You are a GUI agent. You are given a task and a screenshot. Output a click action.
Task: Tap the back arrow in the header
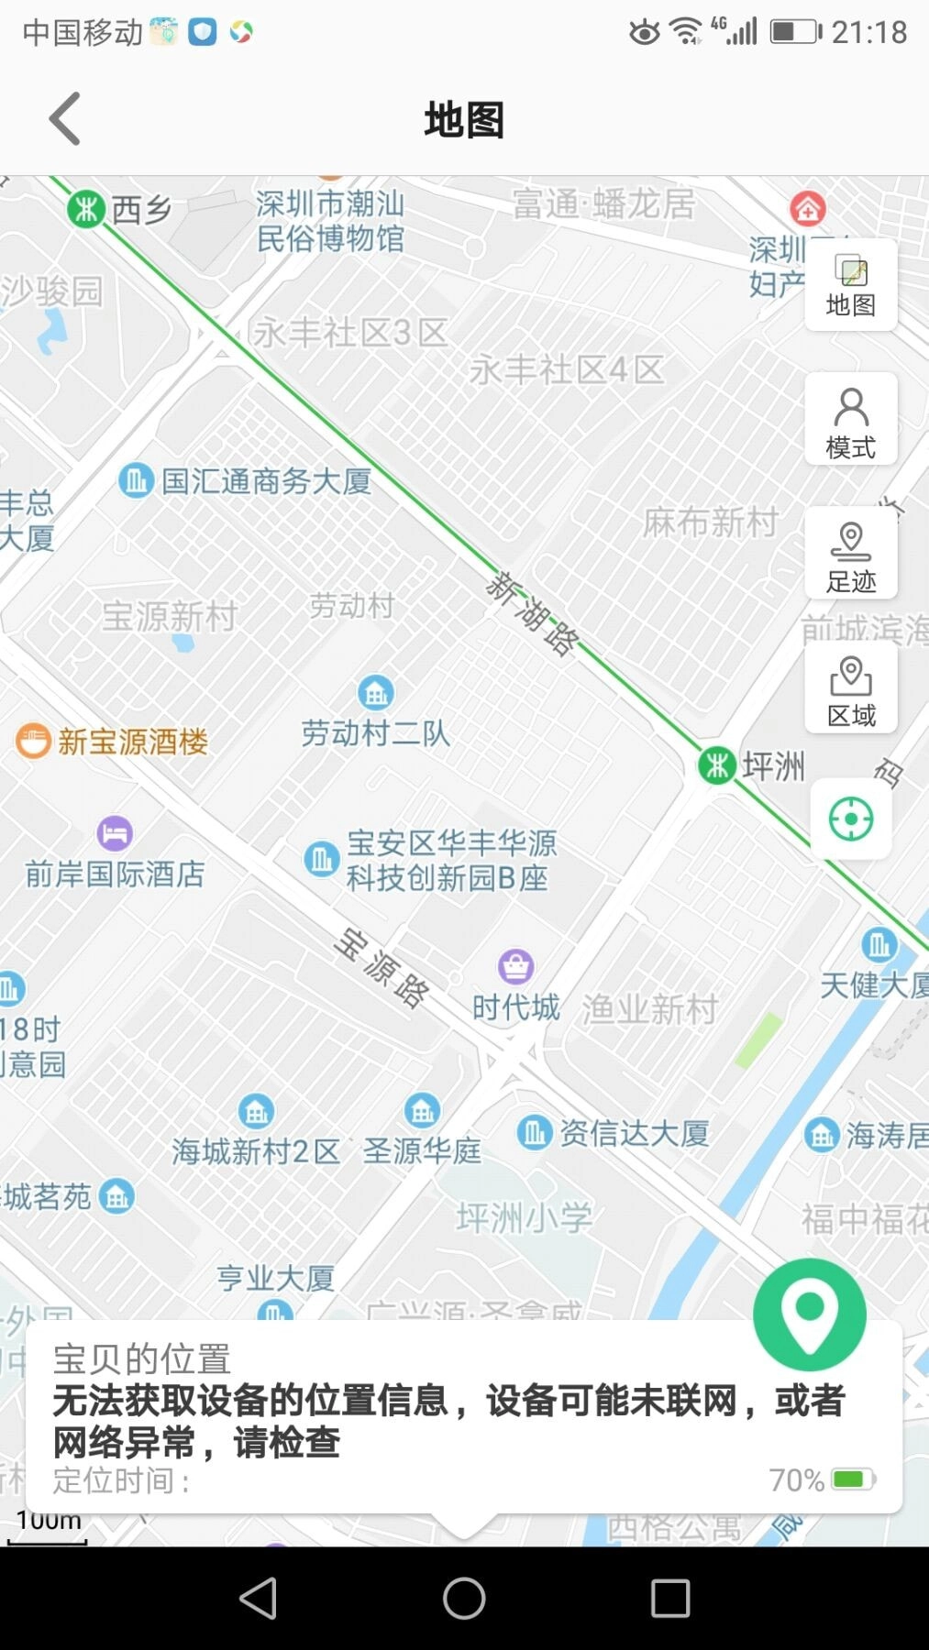coord(65,119)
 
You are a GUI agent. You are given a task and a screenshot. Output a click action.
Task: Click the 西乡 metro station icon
coord(86,209)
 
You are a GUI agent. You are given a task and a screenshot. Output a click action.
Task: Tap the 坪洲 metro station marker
coord(717,764)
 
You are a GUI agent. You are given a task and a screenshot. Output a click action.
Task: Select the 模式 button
coord(850,421)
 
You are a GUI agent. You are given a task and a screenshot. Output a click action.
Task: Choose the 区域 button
coord(850,688)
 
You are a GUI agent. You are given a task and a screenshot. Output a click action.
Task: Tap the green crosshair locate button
coord(850,819)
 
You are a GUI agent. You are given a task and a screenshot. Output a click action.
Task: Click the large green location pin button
coord(809,1315)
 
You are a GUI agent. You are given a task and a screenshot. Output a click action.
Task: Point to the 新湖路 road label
coord(533,613)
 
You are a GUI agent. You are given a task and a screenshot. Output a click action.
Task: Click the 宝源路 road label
coord(382,968)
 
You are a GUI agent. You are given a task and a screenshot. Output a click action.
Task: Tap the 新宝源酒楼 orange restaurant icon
coord(34,741)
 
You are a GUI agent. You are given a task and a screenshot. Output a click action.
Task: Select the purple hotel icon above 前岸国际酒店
coord(115,833)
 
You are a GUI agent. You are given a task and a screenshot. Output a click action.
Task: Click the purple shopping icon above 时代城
coord(515,966)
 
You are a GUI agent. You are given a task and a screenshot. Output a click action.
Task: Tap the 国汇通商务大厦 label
coord(266,480)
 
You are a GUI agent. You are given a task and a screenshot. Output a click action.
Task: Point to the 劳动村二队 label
coord(375,733)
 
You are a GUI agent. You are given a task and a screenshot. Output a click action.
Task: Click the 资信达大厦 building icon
coord(534,1133)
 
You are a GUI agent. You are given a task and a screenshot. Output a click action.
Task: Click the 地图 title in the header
coord(464,120)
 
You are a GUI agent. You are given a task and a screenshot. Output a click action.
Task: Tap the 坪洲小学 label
coord(525,1218)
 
